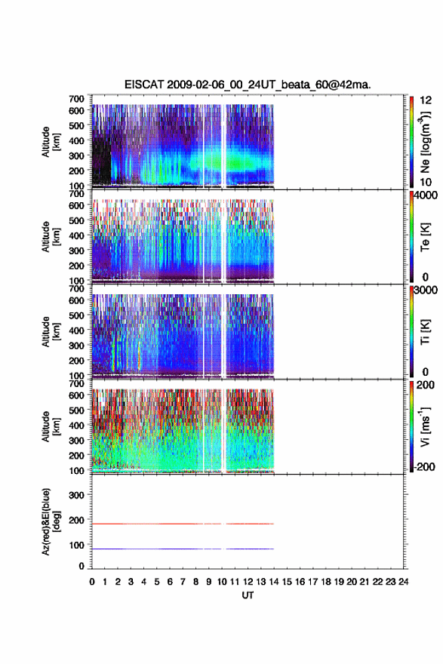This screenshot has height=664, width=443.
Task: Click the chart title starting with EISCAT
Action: (x=248, y=85)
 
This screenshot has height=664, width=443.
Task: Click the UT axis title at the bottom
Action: (x=248, y=595)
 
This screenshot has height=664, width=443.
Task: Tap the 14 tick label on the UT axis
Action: (x=274, y=582)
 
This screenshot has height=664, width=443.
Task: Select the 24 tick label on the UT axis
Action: (x=404, y=582)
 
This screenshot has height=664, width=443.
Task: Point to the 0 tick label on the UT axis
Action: (x=92, y=582)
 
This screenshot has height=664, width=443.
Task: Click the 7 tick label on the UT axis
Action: (x=183, y=582)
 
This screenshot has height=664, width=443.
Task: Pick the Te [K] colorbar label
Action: (x=425, y=238)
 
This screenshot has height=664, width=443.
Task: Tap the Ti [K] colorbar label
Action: (x=425, y=332)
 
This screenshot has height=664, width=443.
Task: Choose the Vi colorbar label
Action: (x=425, y=426)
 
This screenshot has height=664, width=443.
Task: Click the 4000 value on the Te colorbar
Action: (x=426, y=195)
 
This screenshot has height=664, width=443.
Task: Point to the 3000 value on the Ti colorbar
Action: (x=426, y=290)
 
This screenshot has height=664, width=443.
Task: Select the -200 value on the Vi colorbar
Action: (x=423, y=466)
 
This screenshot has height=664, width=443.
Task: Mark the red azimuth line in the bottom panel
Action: (x=183, y=524)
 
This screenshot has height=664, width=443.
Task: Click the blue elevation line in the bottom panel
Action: (x=183, y=549)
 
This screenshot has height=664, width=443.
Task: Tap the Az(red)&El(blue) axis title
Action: (x=51, y=521)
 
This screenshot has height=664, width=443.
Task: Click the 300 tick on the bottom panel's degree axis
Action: (x=76, y=495)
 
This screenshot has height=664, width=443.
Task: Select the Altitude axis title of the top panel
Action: (x=51, y=142)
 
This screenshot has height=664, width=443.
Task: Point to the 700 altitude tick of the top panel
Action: (x=76, y=99)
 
